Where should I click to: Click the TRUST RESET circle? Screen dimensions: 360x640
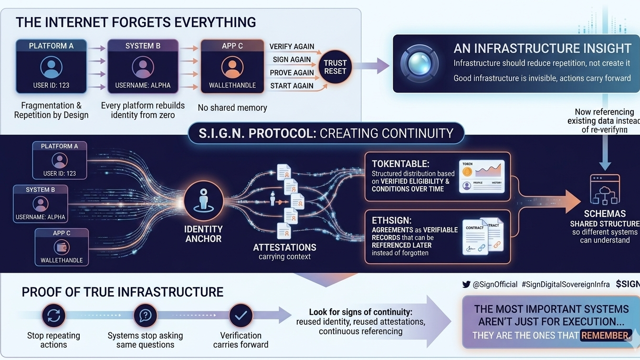coord(335,67)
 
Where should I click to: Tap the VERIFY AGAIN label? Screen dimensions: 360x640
coord(292,46)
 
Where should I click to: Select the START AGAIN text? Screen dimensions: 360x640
coord(292,86)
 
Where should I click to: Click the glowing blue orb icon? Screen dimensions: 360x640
coord(420,63)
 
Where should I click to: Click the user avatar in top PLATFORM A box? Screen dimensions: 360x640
coord(51,67)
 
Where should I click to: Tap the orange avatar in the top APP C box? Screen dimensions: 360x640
coord(232,67)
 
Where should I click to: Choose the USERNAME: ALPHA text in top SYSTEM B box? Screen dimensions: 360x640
coord(143,85)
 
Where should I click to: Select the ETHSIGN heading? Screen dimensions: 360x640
coord(391,220)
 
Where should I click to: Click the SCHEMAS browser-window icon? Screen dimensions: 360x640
coord(605,190)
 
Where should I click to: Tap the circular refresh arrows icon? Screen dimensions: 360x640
coord(53,315)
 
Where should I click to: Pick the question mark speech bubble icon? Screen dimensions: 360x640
coord(146,315)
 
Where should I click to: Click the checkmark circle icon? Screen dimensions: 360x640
coord(241,315)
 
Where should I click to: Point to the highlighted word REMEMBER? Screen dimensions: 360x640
coord(605,335)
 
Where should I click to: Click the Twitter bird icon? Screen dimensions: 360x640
coord(466,285)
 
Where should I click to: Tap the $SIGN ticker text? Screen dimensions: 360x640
coord(628,284)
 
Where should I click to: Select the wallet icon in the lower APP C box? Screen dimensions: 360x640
coord(62,247)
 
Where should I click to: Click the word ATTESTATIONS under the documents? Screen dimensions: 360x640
coord(284,247)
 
